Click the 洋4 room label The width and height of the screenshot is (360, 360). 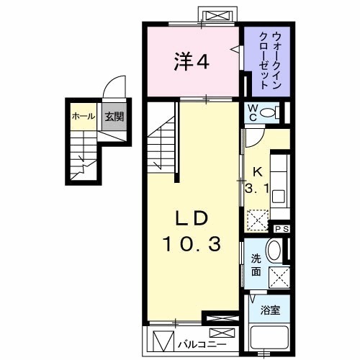(x=191, y=63)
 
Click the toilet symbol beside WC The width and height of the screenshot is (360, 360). (x=269, y=112)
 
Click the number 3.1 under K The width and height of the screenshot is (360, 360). (x=256, y=190)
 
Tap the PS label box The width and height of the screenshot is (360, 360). (x=282, y=228)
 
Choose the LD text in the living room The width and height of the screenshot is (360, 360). (x=193, y=218)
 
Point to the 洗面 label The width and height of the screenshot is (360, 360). (x=256, y=266)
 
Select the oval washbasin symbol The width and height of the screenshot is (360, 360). (x=274, y=251)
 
